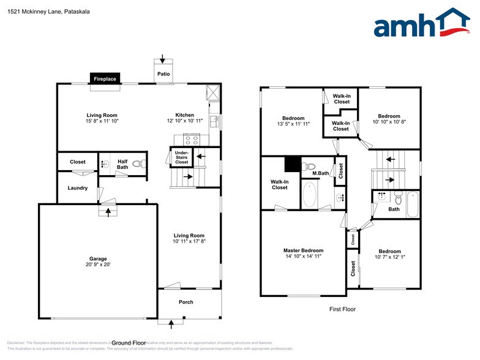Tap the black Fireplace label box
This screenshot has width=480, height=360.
105,79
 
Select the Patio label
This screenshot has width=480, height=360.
163,74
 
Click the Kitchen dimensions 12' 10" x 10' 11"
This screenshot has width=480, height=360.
185,121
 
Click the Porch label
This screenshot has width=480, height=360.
186,302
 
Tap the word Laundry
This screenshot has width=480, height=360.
78,188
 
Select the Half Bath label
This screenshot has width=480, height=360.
122,164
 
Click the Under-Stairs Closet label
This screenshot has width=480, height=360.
182,157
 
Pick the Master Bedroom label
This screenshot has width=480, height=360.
303,250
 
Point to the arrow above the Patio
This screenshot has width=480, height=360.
162,59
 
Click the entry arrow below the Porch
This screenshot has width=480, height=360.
171,321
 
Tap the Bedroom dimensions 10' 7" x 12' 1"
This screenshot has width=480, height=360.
389,257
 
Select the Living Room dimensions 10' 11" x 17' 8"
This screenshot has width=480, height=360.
189,242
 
